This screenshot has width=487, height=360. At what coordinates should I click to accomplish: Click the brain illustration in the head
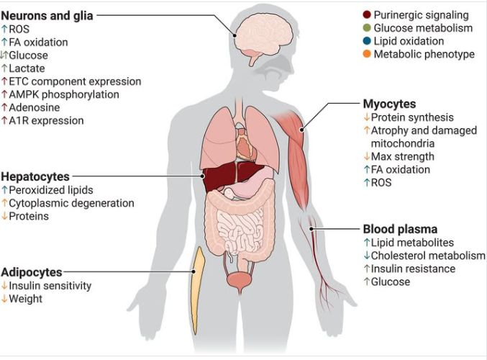[263, 36]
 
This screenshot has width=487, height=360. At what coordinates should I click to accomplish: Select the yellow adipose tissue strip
[197, 289]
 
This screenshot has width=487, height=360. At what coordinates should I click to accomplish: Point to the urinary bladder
[240, 280]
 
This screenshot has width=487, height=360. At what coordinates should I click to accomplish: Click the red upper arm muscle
[296, 156]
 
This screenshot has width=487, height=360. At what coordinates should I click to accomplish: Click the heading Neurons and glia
[47, 16]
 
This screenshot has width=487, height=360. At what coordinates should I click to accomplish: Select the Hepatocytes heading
[35, 176]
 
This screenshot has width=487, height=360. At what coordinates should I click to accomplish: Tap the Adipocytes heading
[32, 272]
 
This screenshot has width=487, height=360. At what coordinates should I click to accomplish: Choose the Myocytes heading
[389, 104]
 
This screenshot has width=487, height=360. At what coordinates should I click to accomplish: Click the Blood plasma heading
[401, 229]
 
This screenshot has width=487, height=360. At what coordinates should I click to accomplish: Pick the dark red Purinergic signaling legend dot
[367, 14]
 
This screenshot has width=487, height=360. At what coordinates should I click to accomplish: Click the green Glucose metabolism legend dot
[367, 27]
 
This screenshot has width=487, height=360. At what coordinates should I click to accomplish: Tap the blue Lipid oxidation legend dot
[367, 41]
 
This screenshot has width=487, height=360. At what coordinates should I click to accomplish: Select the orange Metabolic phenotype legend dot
[367, 54]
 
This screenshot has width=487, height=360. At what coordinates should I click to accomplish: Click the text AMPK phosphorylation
[64, 94]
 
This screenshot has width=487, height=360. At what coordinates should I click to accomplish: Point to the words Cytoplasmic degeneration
[71, 203]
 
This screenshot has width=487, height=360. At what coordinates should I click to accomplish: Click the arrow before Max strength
[367, 156]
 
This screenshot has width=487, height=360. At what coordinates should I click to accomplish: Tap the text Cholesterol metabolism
[428, 256]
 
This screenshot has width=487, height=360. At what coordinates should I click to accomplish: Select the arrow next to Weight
[4, 299]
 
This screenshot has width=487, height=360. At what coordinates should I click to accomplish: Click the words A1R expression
[46, 121]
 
